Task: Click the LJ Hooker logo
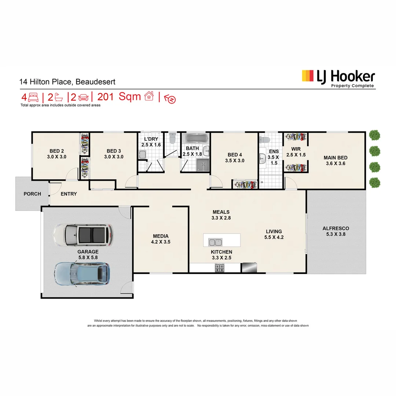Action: point(338,78)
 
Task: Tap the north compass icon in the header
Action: point(170,99)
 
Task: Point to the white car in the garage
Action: point(83,235)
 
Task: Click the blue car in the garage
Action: point(82,273)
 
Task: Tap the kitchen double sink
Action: point(215,242)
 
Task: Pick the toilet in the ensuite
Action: point(264,140)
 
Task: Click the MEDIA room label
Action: point(161,236)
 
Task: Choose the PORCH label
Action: point(32,194)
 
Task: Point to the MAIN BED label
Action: point(335,158)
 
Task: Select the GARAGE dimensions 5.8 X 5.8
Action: point(88,258)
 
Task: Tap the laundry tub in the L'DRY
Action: point(142,155)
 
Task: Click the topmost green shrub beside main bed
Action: point(374,135)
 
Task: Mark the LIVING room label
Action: point(274,231)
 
